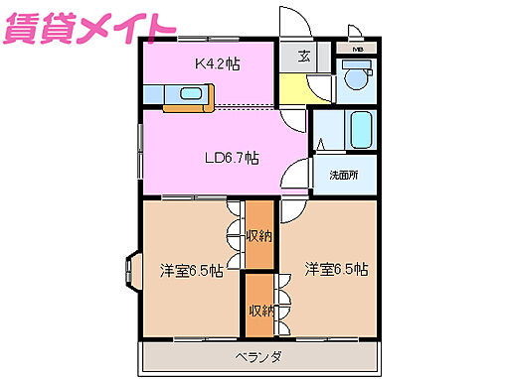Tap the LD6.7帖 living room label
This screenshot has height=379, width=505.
(x=232, y=157)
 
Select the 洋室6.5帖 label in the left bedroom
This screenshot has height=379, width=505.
(x=191, y=268)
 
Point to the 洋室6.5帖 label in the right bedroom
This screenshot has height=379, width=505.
(x=336, y=268)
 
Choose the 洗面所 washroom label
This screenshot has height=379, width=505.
(x=344, y=176)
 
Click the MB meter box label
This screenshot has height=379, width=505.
(x=356, y=46)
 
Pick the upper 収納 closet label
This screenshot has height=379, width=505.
(x=259, y=235)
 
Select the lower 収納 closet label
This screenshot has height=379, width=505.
(x=260, y=311)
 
